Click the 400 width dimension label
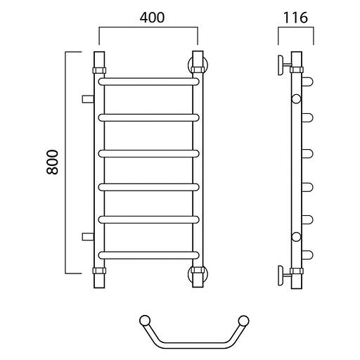[152, 18]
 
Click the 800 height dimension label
[52, 162]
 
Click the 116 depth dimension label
[295, 18]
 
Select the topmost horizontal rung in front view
[148, 82]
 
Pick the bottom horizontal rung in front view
[148, 255]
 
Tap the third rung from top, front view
[148, 153]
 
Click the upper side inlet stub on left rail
[88, 99]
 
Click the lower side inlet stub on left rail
[88, 237]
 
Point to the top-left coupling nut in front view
[99, 70]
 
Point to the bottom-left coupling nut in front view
[99, 271]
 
